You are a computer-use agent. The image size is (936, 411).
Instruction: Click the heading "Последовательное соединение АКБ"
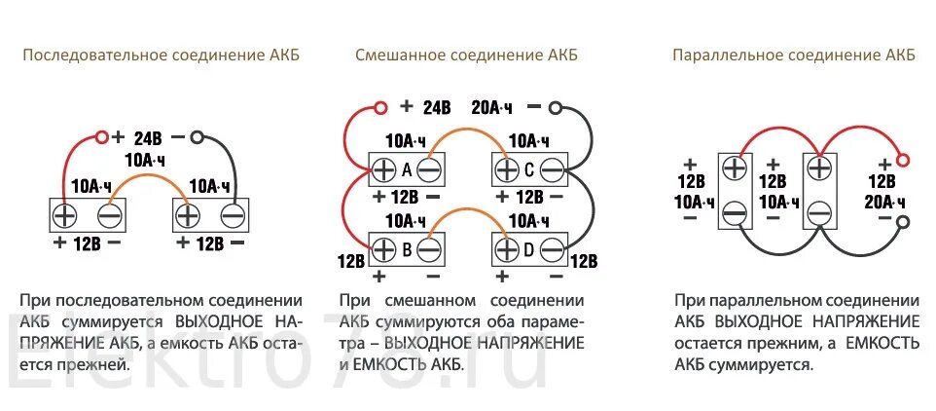(162, 55)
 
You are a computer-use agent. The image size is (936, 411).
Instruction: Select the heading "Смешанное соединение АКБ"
(466, 55)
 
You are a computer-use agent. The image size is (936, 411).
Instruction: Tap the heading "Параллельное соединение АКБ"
(793, 55)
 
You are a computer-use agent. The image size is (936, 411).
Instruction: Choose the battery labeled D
(529, 249)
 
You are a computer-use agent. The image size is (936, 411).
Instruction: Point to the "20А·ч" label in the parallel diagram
(885, 202)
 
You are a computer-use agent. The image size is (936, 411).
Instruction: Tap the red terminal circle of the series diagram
(101, 138)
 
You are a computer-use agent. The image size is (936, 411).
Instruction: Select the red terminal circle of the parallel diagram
(903, 160)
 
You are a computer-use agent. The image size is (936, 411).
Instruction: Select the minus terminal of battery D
(553, 250)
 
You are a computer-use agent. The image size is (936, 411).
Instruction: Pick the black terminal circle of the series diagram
(198, 138)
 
